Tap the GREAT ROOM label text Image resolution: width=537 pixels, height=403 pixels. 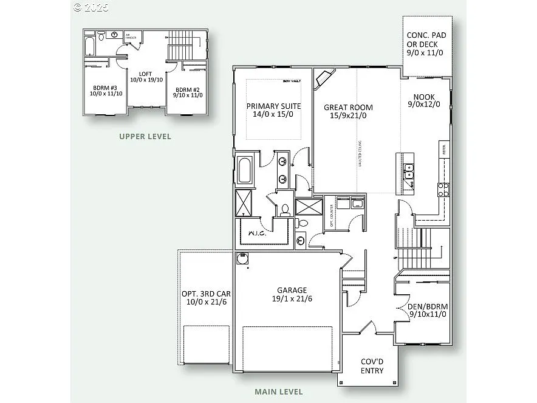(348, 111)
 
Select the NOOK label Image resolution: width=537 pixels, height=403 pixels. (424, 100)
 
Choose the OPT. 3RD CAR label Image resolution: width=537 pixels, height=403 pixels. (206, 297)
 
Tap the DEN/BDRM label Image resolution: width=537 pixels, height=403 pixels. (428, 310)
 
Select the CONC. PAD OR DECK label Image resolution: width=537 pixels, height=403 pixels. (426, 44)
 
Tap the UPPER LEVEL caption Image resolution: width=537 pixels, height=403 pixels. (145, 137)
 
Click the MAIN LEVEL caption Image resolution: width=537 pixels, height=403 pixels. (279, 392)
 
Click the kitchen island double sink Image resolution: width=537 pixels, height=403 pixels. (408, 171)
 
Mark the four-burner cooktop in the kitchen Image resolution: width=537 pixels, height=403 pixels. (443, 189)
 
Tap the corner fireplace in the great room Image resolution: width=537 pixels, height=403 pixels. (323, 78)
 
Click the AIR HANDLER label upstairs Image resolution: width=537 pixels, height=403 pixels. (131, 37)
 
